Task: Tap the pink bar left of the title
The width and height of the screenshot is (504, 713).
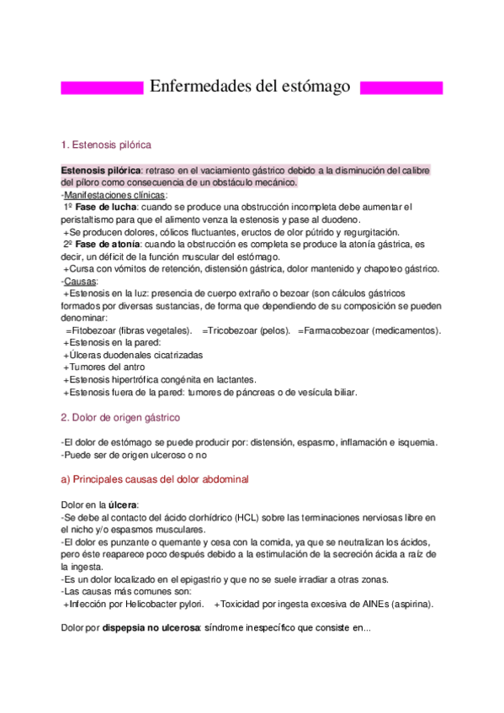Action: tap(102, 87)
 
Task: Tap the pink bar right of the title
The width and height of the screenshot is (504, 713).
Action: tap(401, 87)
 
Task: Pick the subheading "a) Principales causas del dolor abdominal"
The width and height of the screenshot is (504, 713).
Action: tap(155, 478)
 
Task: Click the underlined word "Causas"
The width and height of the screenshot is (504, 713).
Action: tap(81, 281)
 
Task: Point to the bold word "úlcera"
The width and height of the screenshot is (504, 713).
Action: tap(119, 504)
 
